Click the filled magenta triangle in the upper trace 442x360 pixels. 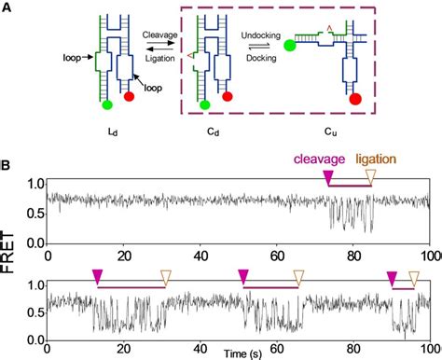tap(327, 178)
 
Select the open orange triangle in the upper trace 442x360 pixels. tap(371, 178)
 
